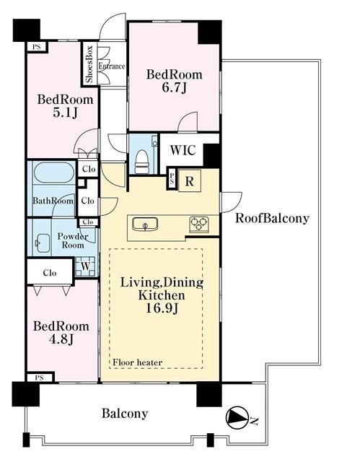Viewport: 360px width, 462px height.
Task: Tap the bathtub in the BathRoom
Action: tap(54, 173)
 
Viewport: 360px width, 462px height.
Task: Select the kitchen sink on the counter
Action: tap(145, 225)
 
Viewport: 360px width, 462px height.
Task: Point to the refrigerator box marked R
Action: tap(190, 181)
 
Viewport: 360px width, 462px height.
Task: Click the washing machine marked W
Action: tap(85, 266)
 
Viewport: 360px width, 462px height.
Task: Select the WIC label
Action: tap(183, 150)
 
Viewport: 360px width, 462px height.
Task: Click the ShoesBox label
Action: tap(89, 64)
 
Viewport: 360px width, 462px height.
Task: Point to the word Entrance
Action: tap(112, 66)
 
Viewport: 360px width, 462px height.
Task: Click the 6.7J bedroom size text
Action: tap(175, 88)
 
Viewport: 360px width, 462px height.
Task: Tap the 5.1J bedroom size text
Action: tap(65, 113)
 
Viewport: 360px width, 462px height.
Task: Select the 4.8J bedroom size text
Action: tap(61, 339)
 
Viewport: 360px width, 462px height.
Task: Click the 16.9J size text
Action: tap(162, 308)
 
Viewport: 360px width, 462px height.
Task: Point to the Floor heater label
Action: tap(138, 362)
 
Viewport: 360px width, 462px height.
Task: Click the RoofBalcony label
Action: tap(272, 218)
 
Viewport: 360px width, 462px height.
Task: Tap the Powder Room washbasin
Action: tap(43, 243)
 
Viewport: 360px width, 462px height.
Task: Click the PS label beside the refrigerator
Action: tap(172, 179)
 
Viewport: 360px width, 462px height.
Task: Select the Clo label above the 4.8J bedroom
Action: tap(50, 273)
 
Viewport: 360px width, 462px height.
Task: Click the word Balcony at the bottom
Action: tap(125, 414)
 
